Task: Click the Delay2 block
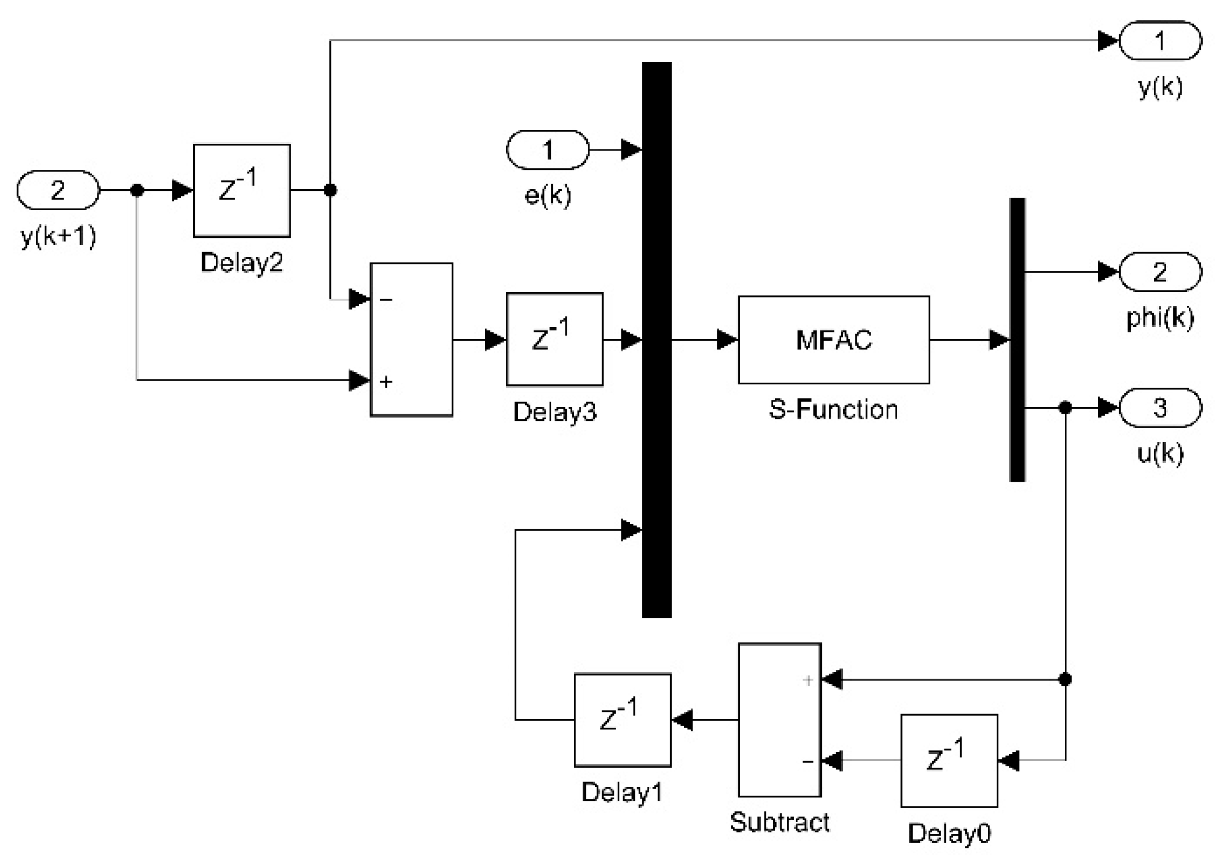click(242, 190)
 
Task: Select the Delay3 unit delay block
click(555, 339)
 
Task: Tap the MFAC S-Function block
click(833, 340)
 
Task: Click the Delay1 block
click(623, 720)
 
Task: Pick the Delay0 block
click(949, 760)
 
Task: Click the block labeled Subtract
click(779, 720)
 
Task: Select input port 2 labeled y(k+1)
click(58, 190)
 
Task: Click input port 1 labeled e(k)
click(548, 149)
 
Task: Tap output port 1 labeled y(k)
click(1160, 40)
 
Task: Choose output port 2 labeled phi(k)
click(1160, 272)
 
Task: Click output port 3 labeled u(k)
click(1160, 408)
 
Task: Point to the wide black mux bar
click(656, 339)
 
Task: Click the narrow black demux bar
click(1017, 339)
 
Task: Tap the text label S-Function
click(833, 410)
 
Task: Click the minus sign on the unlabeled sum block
click(386, 300)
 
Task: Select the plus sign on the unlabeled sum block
click(386, 381)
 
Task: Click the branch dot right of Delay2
click(330, 190)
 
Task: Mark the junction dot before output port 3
click(1065, 408)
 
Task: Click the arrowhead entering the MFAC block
click(727, 340)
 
